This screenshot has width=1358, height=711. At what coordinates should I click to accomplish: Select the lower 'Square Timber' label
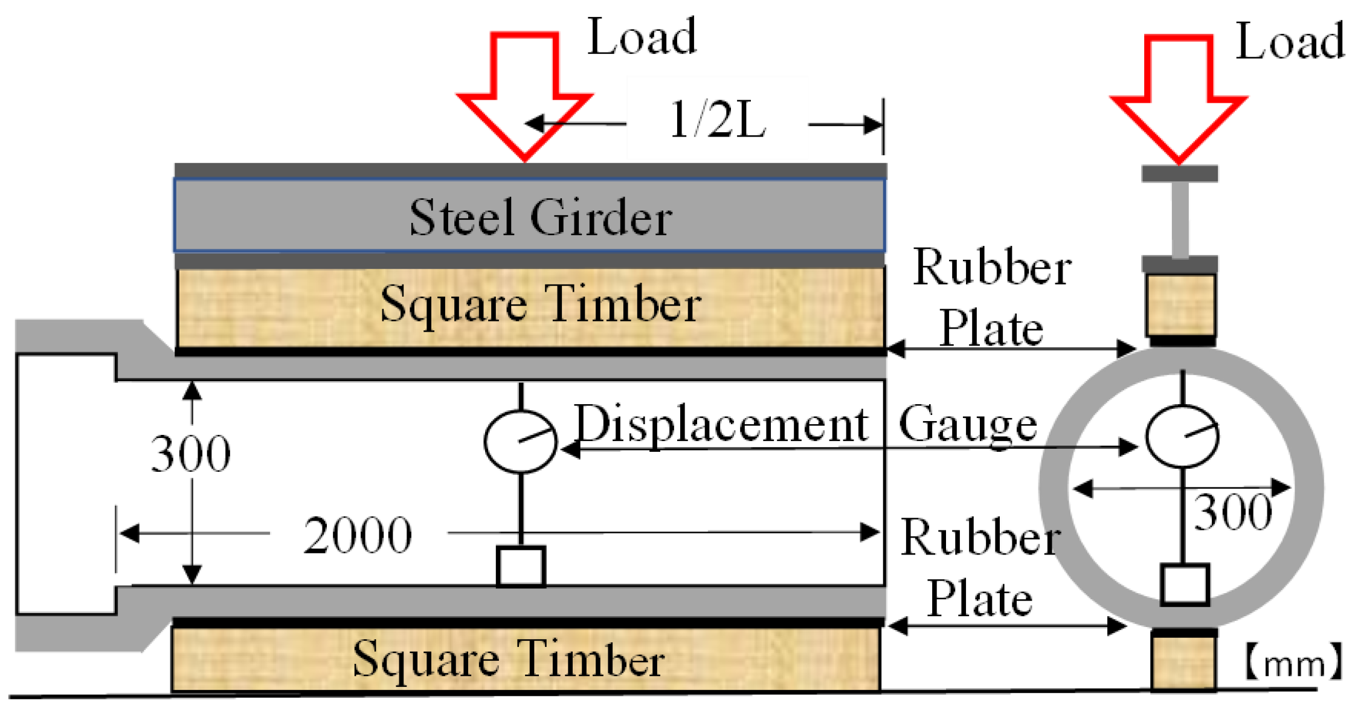(x=509, y=658)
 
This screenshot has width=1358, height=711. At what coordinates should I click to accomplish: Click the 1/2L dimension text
(x=718, y=120)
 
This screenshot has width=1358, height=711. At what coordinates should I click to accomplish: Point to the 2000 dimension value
(x=358, y=535)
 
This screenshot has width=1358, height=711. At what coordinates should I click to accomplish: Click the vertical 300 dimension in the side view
(x=190, y=454)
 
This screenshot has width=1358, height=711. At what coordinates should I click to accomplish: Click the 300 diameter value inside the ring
(x=1232, y=513)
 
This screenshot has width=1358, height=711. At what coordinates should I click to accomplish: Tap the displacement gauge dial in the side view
(x=520, y=441)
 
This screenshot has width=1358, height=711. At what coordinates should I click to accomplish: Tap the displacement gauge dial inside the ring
(x=1182, y=437)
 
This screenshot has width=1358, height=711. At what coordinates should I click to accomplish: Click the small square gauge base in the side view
(x=521, y=567)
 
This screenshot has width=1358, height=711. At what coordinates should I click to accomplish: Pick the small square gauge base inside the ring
(x=1184, y=584)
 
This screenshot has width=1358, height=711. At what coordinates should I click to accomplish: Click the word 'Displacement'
(x=721, y=424)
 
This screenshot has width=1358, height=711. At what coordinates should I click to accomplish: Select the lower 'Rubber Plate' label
(x=980, y=568)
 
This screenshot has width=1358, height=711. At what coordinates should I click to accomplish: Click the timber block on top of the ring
(x=1181, y=304)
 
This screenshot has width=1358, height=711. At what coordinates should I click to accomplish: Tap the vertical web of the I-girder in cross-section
(x=1180, y=219)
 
